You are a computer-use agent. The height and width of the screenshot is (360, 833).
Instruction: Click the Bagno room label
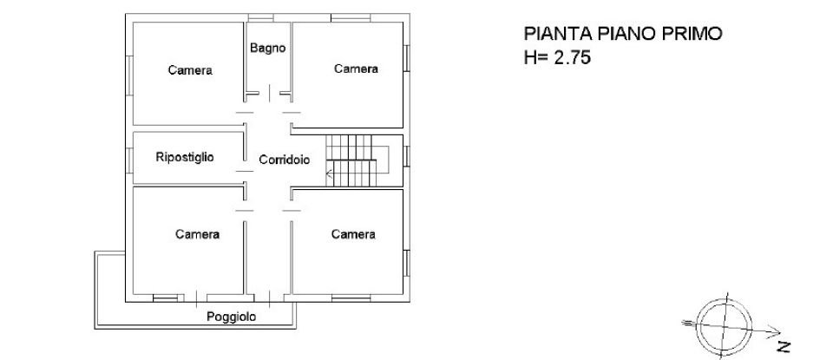click(268, 49)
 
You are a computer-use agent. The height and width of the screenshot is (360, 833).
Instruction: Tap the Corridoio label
click(285, 160)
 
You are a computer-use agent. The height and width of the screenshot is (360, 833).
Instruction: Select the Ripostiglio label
click(185, 157)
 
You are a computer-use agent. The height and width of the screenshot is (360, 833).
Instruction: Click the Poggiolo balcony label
click(231, 317)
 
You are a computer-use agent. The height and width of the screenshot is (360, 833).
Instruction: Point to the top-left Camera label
click(191, 70)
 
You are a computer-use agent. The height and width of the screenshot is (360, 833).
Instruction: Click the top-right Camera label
click(356, 69)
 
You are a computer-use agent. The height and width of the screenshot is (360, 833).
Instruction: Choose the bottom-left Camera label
click(197, 234)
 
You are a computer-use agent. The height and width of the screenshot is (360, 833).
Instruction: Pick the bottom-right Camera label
click(353, 234)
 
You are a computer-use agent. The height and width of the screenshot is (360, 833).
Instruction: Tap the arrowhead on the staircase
click(329, 174)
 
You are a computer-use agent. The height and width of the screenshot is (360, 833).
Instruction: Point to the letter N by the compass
click(784, 346)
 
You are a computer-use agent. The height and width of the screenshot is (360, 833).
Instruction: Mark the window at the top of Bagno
click(259, 17)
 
